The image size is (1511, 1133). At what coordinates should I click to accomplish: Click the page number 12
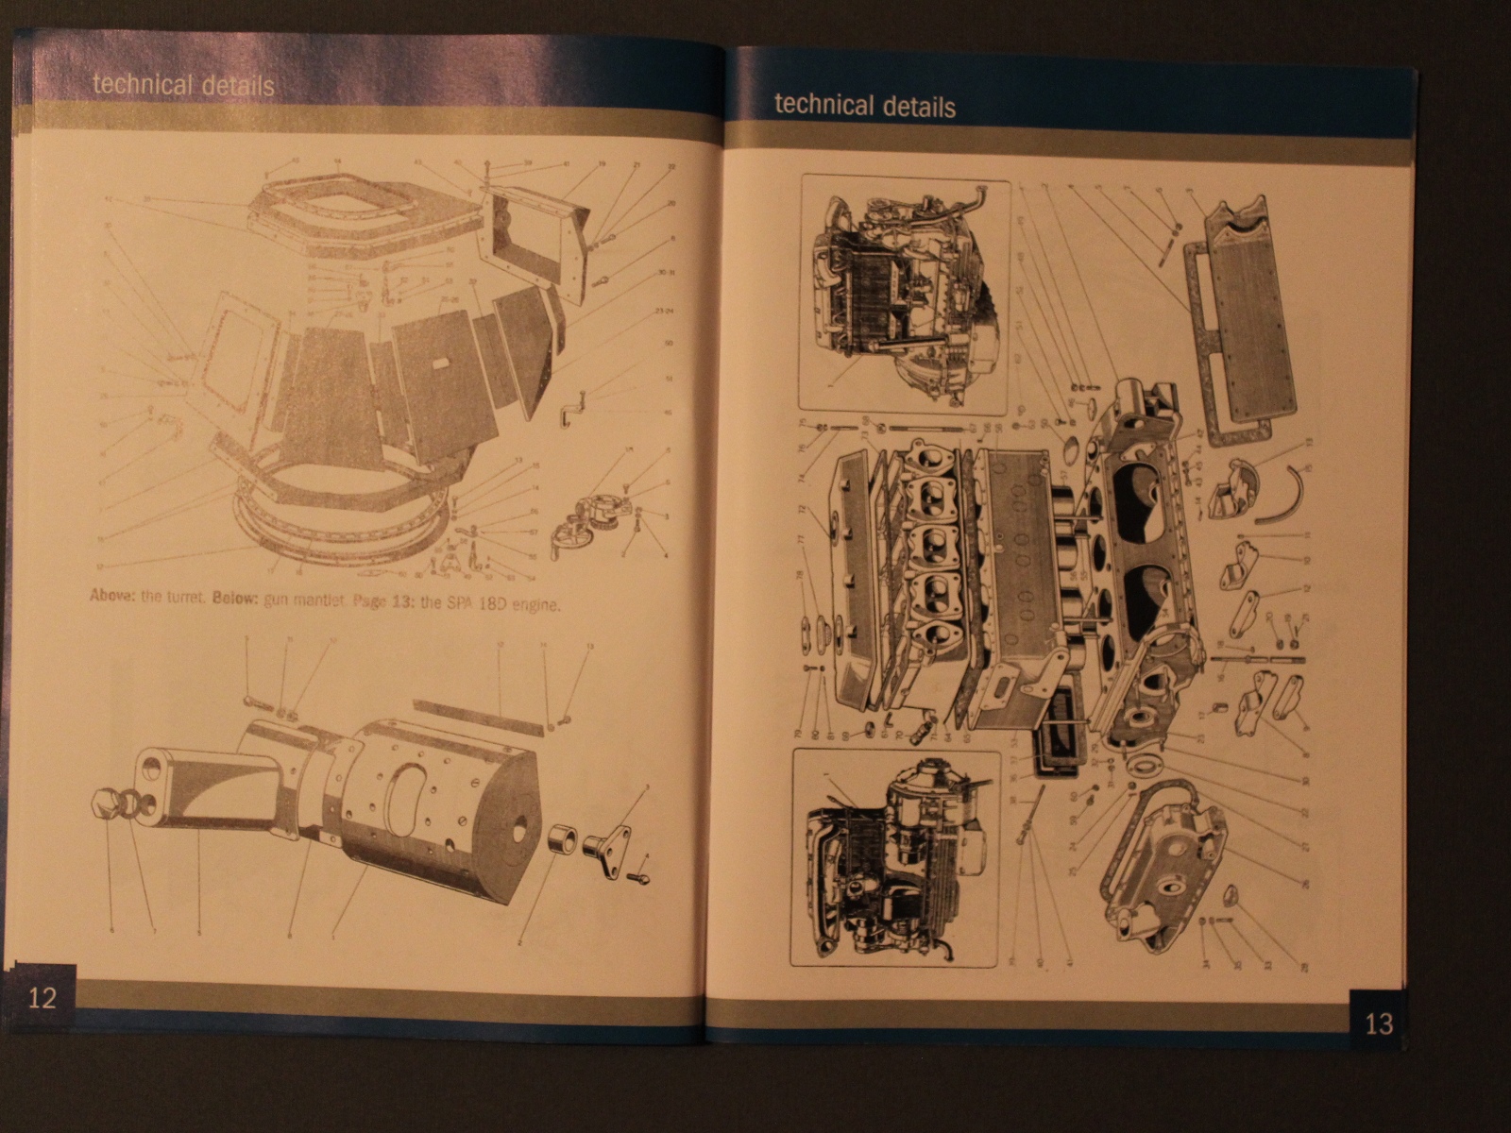point(42,998)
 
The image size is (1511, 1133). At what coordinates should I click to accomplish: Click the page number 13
point(1379,1023)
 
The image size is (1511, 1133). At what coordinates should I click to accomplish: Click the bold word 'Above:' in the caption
point(112,597)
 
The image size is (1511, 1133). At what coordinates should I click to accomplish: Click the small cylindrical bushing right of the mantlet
point(564,838)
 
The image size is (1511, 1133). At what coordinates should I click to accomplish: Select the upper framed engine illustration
point(903,295)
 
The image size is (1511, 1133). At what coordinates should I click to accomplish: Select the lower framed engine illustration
point(895,857)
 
